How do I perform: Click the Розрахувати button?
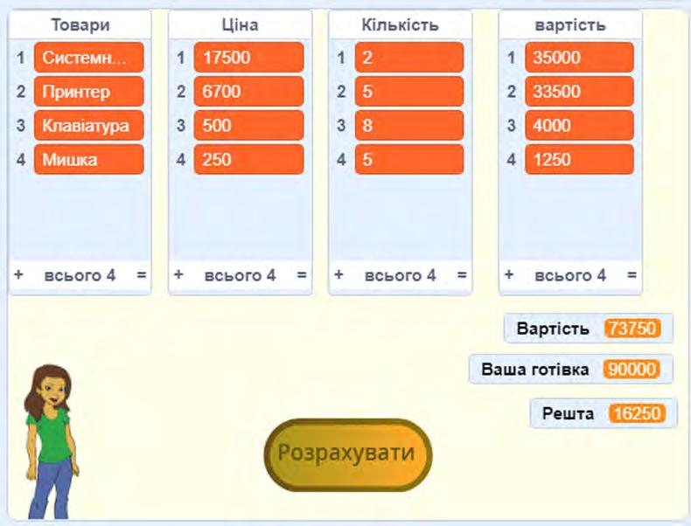[x=346, y=453]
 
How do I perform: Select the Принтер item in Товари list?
[x=88, y=92]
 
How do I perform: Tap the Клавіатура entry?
[x=88, y=126]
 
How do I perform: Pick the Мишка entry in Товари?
[x=88, y=160]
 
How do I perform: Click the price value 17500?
[x=248, y=59]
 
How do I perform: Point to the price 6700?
[x=248, y=92]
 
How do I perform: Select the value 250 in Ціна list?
[x=248, y=160]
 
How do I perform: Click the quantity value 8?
[x=408, y=126]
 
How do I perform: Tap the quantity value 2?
[x=408, y=59]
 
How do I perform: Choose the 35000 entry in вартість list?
[x=578, y=59]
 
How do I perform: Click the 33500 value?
[x=578, y=92]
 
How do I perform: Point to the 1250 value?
[x=578, y=160]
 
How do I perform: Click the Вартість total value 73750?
[x=632, y=329]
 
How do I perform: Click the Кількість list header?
[x=400, y=25]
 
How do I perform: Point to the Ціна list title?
[x=240, y=25]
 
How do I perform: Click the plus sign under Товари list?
[x=18, y=274]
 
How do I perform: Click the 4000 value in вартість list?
[x=578, y=126]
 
